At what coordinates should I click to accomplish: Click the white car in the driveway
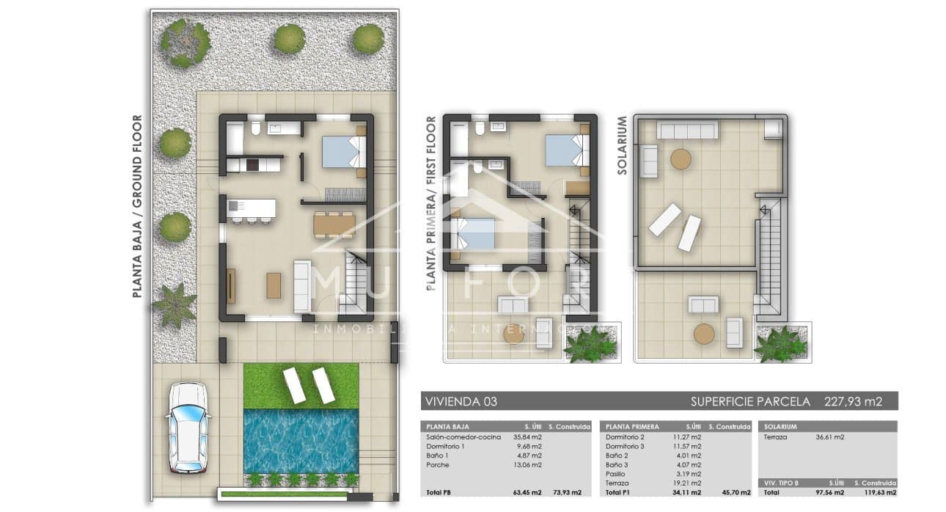point(188,428)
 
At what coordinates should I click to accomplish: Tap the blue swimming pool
point(301,441)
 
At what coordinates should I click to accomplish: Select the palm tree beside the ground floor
point(175,305)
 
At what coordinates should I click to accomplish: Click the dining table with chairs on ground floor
point(334,223)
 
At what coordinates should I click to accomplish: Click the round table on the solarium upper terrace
point(681,159)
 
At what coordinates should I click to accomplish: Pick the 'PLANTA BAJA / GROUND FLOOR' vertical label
point(137,206)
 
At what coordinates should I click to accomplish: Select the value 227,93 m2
point(853,401)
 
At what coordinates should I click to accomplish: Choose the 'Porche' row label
point(439,464)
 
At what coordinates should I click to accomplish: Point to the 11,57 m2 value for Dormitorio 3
point(686,446)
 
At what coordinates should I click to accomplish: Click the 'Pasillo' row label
point(617,474)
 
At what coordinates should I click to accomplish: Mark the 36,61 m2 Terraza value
point(829,437)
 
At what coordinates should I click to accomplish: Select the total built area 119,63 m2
point(878,492)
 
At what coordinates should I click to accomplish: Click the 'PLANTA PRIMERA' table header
point(632,426)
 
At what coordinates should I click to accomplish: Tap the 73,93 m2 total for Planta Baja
point(567,492)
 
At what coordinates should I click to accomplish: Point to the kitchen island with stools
point(252,210)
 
